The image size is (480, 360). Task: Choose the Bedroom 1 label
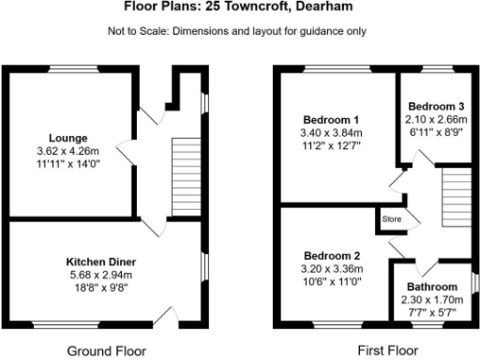[329, 119]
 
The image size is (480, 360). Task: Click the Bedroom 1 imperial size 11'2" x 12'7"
[329, 145]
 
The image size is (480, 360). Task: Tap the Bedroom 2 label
[331, 255]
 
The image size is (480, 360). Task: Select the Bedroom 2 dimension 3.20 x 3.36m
[331, 268]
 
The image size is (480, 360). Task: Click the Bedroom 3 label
[434, 107]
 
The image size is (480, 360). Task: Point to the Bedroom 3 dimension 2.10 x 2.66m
[434, 120]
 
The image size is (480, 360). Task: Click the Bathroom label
[432, 286]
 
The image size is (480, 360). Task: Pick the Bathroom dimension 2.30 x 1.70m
[432, 299]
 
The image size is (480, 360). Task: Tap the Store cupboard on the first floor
[390, 221]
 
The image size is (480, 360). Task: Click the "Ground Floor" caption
[107, 351]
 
